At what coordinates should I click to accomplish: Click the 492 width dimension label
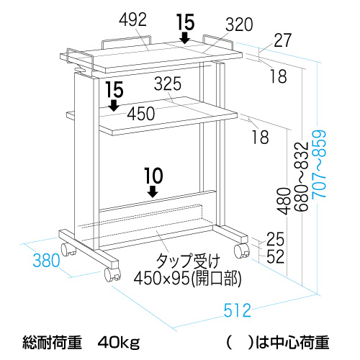pos(132,19)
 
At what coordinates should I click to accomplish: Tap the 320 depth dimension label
pos(239,24)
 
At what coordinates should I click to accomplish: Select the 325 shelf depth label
pos(168,84)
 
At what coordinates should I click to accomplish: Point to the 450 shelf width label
pos(141,114)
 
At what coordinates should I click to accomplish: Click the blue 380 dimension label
pos(46,260)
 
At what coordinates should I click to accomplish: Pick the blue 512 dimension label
pos(238,310)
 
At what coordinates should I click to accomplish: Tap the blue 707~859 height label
pos(320,164)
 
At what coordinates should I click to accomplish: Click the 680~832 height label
pos(301,176)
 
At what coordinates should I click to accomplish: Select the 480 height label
pos(284,201)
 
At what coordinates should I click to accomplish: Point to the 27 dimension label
pos(282,40)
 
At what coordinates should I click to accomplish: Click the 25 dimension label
pos(275,239)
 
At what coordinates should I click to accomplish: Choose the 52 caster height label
pos(275,256)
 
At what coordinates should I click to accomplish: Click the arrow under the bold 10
pos(153,191)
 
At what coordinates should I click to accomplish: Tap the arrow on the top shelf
pos(185,38)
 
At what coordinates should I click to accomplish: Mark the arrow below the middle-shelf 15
pos(114,105)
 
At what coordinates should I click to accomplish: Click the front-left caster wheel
pos(112,274)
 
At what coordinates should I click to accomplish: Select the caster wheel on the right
pos(242,251)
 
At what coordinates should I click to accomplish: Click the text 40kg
pos(119,343)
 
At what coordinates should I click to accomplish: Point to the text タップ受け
pos(188,261)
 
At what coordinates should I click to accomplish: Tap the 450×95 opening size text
pos(187,279)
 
